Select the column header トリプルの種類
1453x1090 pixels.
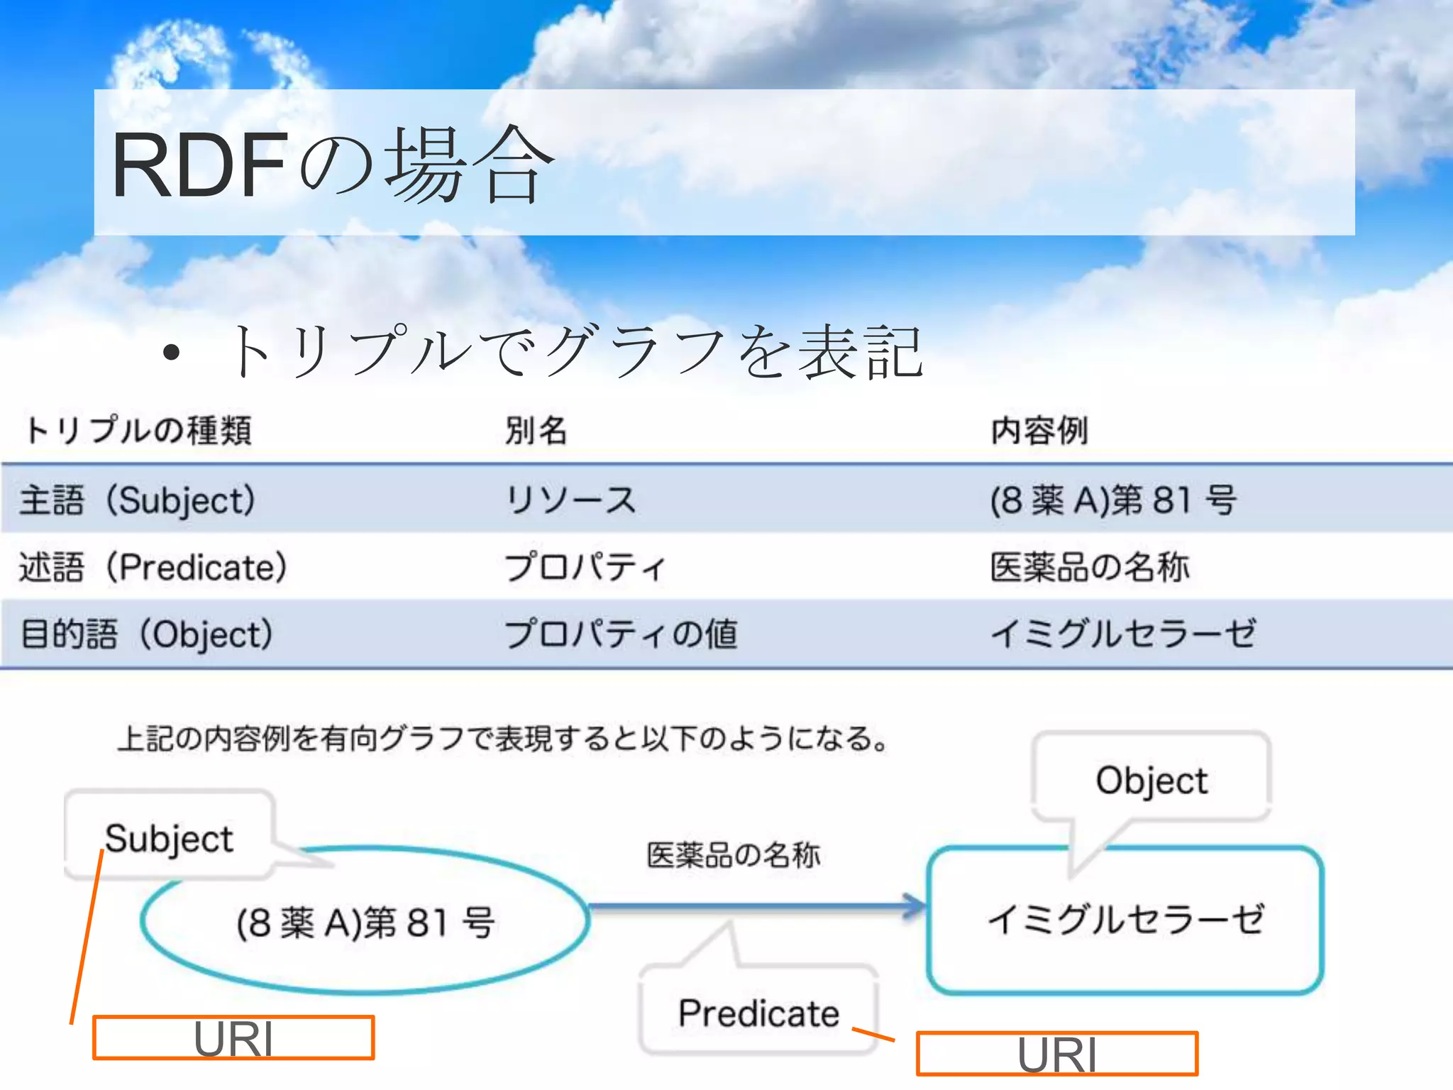(x=139, y=430)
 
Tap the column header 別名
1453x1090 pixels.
(x=536, y=430)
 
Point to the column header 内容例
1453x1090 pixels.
(x=1039, y=430)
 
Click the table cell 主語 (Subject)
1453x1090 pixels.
(x=138, y=500)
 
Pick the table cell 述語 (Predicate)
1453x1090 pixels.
(x=153, y=567)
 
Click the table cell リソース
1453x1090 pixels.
(x=570, y=500)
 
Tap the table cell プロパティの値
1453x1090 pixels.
(x=621, y=634)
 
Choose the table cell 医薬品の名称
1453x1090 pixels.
(x=1090, y=567)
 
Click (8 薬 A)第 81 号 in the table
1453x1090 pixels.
(x=1114, y=500)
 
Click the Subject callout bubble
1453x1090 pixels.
(x=169, y=837)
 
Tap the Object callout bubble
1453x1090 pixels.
(x=1151, y=780)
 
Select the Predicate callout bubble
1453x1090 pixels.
(x=758, y=1012)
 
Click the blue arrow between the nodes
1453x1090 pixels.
(x=756, y=906)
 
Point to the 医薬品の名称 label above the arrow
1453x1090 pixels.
(x=734, y=855)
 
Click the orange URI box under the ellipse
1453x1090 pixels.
(x=233, y=1037)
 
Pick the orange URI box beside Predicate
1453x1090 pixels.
(x=1057, y=1054)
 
